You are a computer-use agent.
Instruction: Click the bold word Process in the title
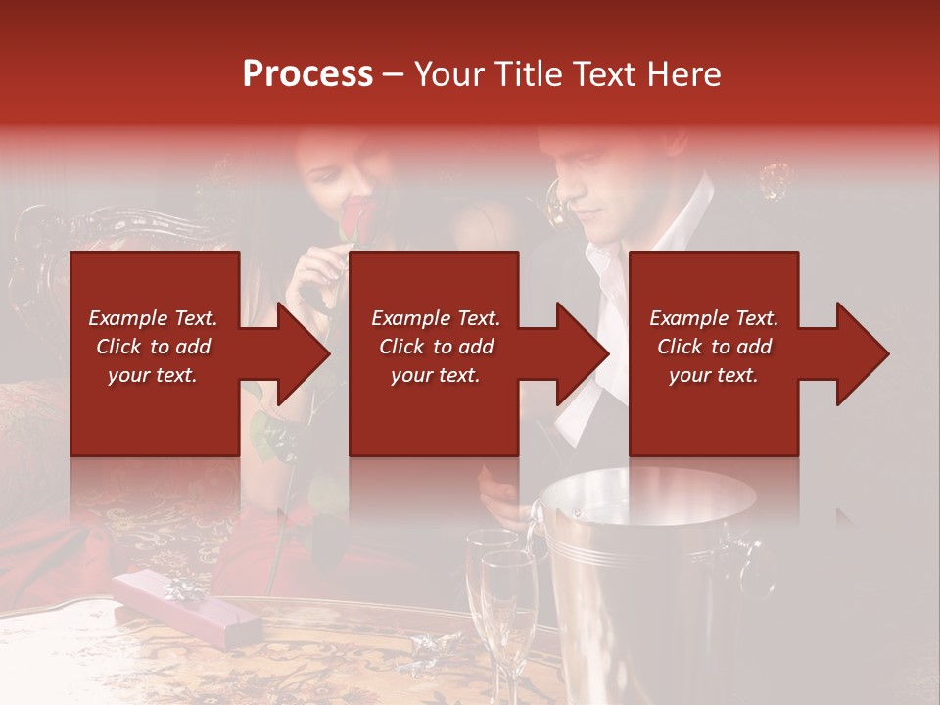tap(307, 74)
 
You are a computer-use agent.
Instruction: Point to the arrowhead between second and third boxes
tap(583, 353)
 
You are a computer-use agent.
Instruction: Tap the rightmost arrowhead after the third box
tap(862, 353)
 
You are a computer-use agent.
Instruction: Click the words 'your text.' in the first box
tap(153, 375)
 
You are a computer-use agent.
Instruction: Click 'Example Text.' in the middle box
tap(436, 318)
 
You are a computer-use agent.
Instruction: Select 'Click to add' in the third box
tap(714, 347)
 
